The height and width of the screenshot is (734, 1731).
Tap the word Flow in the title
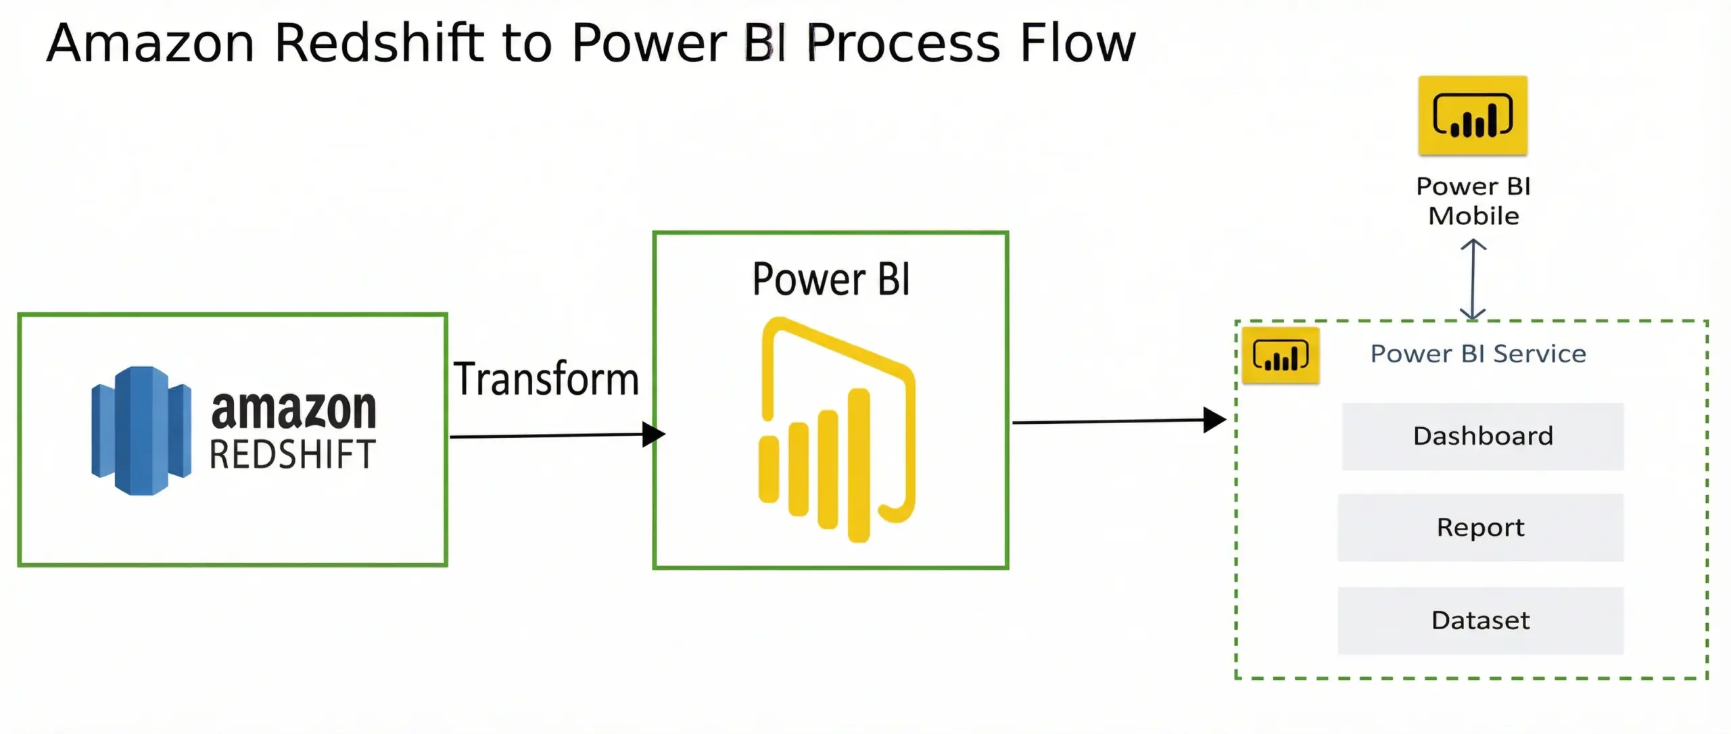click(x=1078, y=43)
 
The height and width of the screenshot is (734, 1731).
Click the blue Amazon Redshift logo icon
click(x=141, y=431)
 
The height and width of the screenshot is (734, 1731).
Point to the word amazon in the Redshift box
click(x=293, y=409)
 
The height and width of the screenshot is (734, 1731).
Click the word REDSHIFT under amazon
click(x=292, y=454)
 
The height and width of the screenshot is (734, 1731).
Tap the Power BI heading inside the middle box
click(x=831, y=279)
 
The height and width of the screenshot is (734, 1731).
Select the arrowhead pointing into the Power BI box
click(x=653, y=434)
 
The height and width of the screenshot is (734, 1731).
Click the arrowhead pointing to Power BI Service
click(x=1214, y=420)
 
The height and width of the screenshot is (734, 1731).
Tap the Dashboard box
click(x=1483, y=437)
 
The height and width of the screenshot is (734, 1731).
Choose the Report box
click(x=1480, y=528)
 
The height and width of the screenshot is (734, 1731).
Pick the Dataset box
click(x=1480, y=620)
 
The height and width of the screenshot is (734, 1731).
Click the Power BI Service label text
click(x=1478, y=353)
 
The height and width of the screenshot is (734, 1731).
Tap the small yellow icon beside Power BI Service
click(x=1281, y=356)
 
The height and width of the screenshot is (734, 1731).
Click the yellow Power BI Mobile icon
click(x=1473, y=116)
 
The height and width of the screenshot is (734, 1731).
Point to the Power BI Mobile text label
click(x=1473, y=201)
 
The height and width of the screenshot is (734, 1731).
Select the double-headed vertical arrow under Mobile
click(x=1473, y=280)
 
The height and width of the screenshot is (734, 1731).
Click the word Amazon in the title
click(x=150, y=43)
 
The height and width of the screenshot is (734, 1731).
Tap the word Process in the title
click(x=903, y=43)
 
